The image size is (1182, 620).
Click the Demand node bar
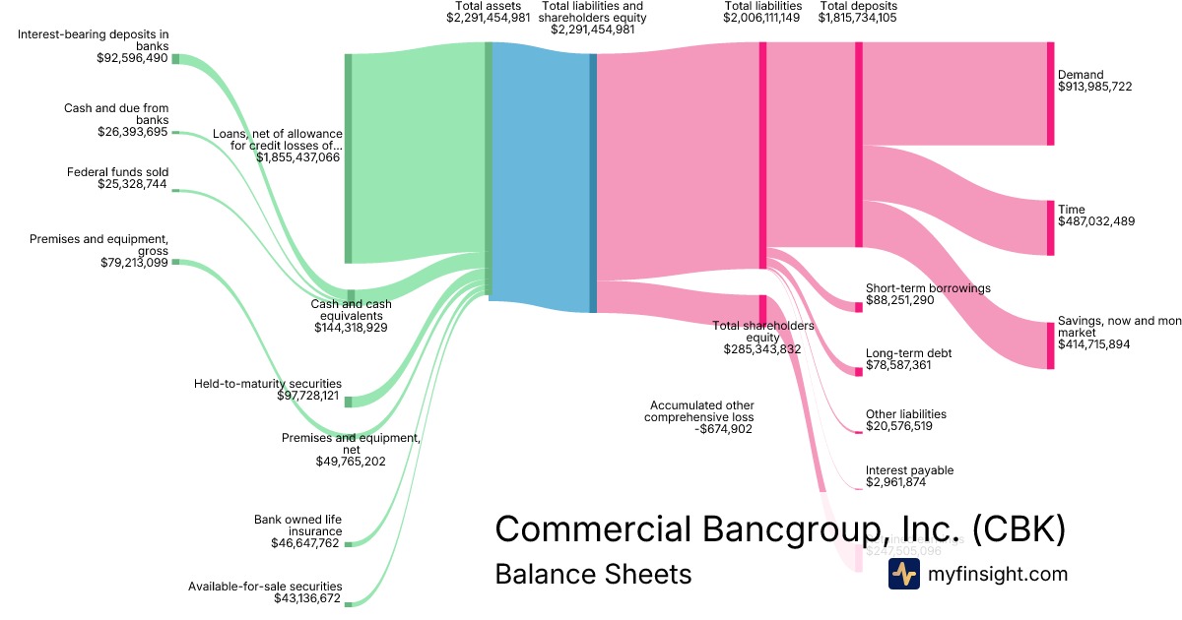(1050, 93)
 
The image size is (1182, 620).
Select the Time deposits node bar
(1050, 228)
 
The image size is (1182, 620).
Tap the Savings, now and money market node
(1050, 345)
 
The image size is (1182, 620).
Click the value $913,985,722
(1094, 87)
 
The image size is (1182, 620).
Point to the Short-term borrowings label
(928, 288)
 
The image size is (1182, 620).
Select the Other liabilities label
(905, 414)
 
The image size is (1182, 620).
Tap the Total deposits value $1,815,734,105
(857, 18)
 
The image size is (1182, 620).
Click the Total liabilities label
(762, 6)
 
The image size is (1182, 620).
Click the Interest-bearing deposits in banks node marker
(176, 59)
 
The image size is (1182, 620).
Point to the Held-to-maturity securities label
(268, 384)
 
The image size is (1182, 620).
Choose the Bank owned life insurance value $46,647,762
(304, 543)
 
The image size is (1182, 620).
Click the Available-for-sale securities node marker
(348, 603)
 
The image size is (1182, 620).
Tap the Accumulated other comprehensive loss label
(700, 411)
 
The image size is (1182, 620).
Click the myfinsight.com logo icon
(903, 574)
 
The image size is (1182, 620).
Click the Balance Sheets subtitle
(593, 574)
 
